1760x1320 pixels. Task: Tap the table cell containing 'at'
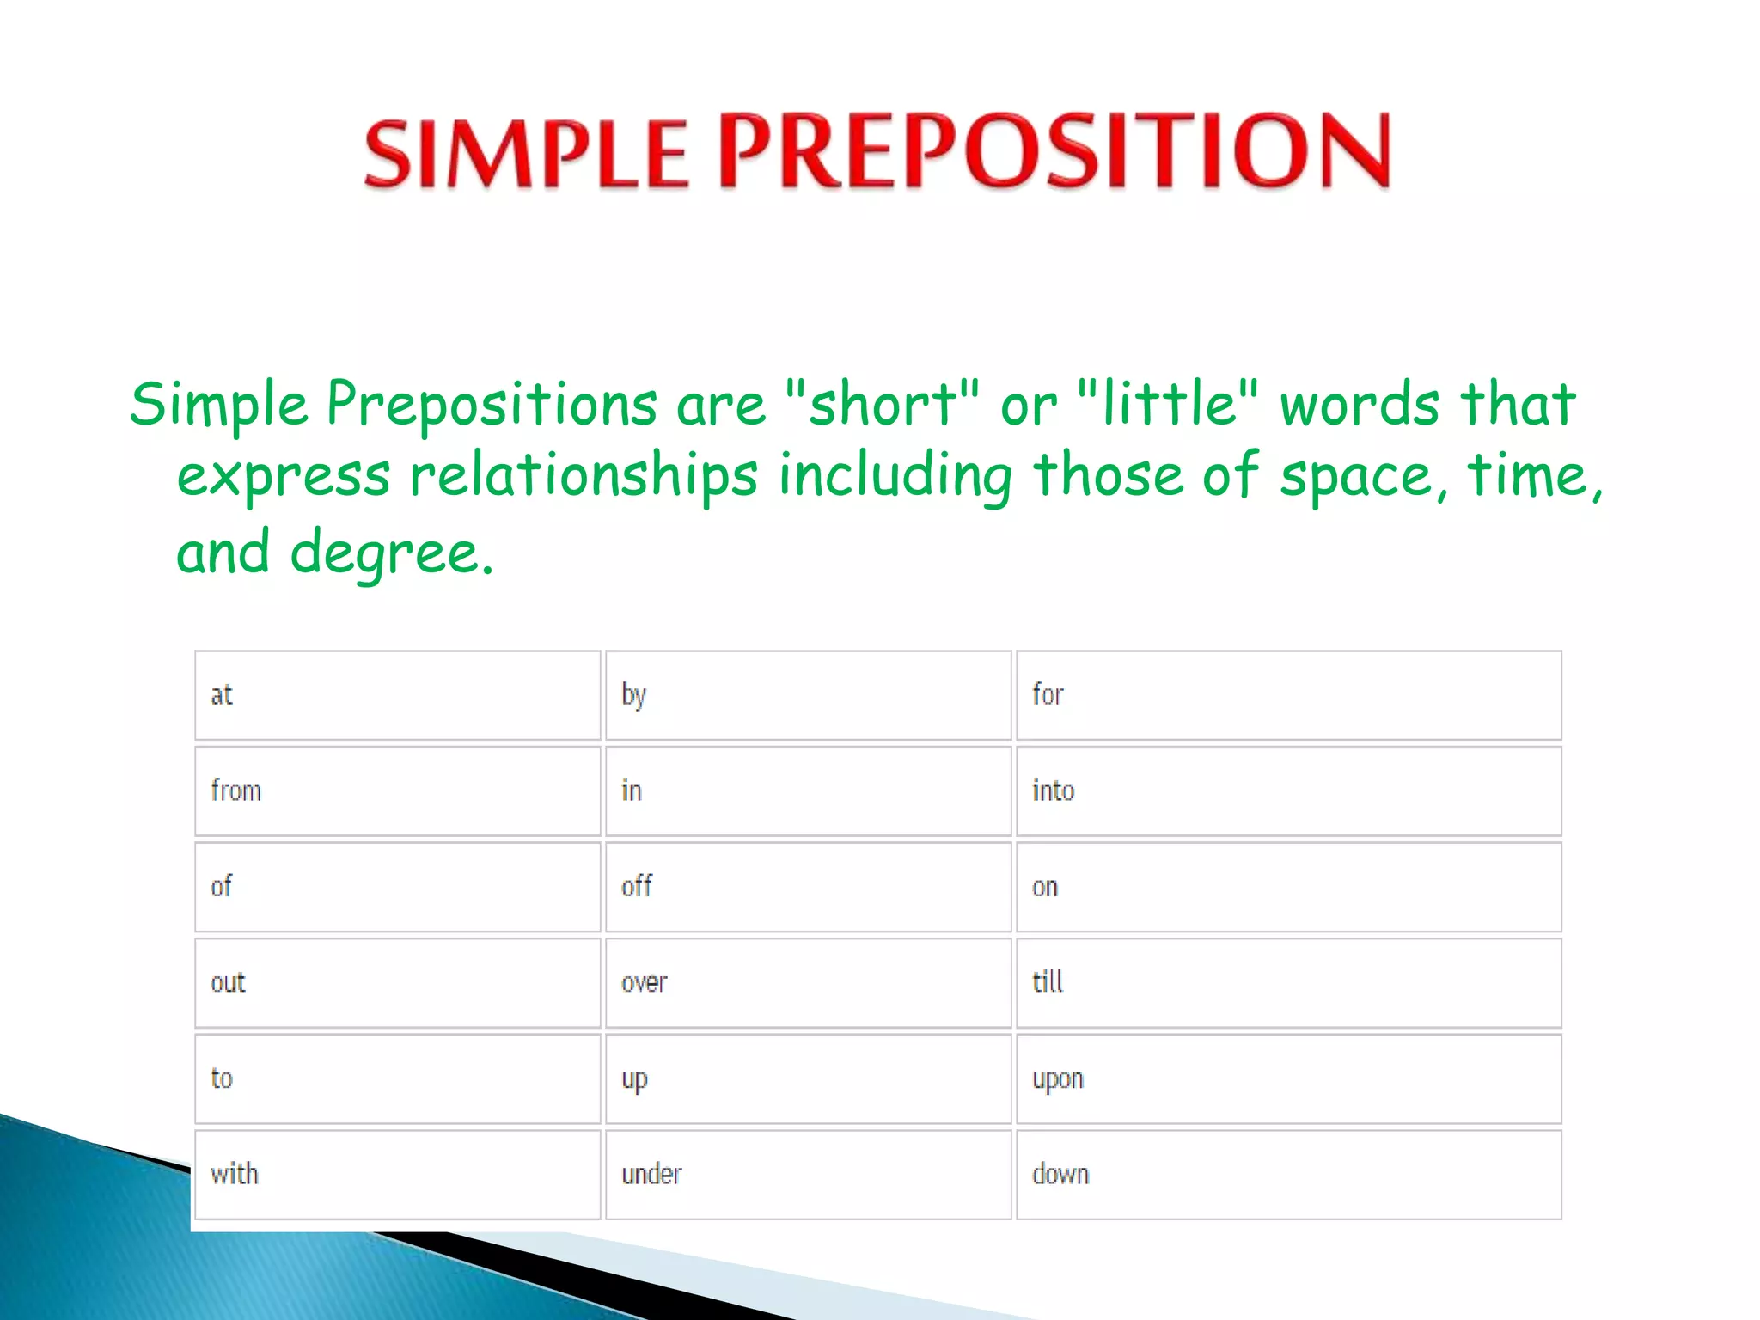click(x=397, y=694)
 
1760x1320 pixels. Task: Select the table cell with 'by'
click(x=808, y=694)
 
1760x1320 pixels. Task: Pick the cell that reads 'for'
click(x=1287, y=694)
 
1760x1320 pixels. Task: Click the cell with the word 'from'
click(x=397, y=791)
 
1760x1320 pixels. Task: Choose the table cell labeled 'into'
click(x=1287, y=791)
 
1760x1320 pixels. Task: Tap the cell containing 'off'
click(x=808, y=887)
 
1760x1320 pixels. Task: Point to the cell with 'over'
click(x=808, y=982)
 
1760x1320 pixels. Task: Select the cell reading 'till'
click(x=1287, y=982)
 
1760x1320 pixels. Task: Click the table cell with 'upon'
click(x=1287, y=1079)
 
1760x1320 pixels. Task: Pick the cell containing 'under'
click(x=808, y=1174)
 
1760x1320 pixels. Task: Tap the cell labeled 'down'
click(x=1287, y=1174)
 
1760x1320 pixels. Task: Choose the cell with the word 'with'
click(x=397, y=1174)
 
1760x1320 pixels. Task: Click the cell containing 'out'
click(x=397, y=982)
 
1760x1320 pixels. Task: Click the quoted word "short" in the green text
click(x=882, y=404)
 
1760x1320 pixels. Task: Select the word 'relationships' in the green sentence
click(x=584, y=476)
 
